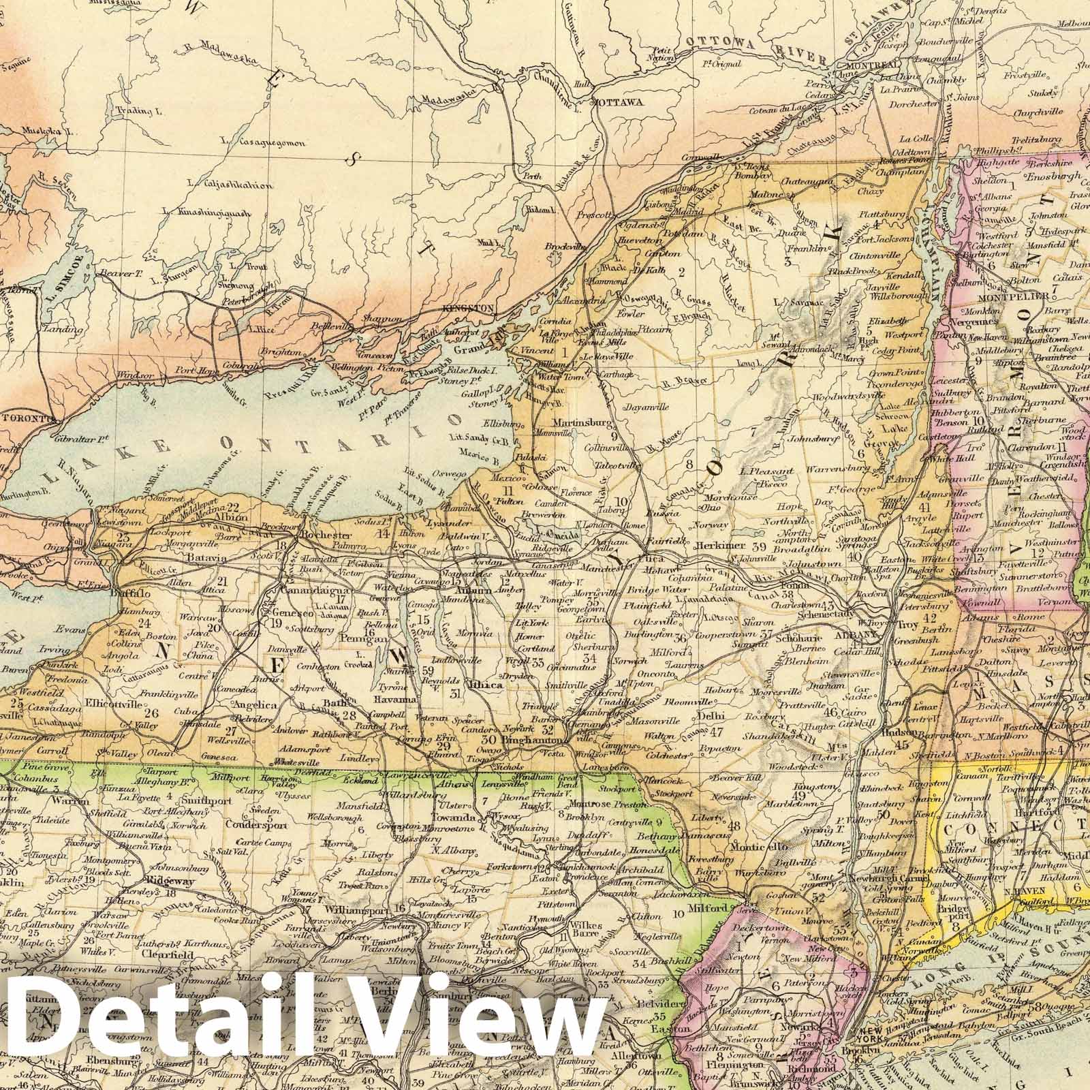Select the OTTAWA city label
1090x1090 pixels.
pos(619,102)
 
